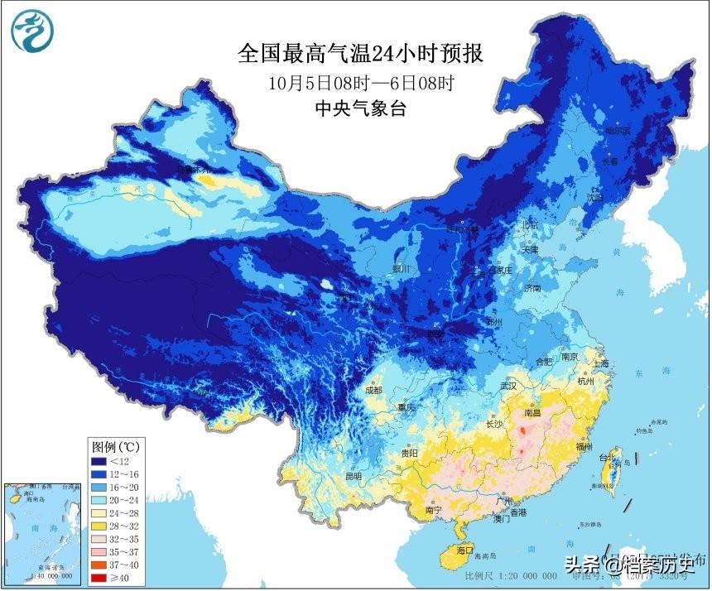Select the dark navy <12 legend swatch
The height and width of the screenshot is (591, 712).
click(99, 460)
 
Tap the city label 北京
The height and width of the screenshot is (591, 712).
click(528, 224)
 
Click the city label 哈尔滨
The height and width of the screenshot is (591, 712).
click(617, 131)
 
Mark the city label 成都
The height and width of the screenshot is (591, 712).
click(373, 390)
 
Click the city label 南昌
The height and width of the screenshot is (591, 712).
click(533, 411)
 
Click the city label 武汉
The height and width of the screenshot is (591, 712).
click(508, 386)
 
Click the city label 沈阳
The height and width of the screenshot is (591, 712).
click(594, 197)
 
